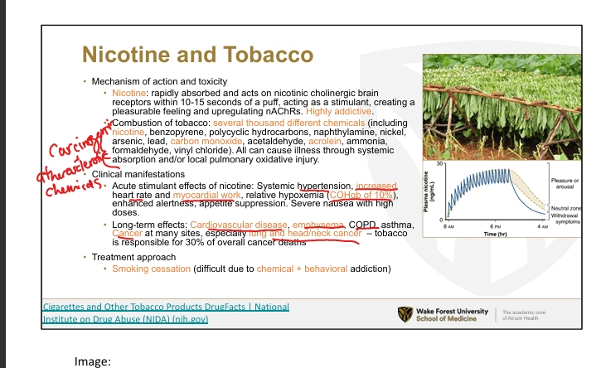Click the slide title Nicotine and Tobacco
coord(198,55)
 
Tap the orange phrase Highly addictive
coord(338,111)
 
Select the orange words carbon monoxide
coord(206,141)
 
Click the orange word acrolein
coord(325,141)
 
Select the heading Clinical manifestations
coord(138,174)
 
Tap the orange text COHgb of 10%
coord(361,195)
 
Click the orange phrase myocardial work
coord(206,195)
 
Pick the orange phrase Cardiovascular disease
coord(239,225)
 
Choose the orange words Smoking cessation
coord(151,269)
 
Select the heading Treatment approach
coord(133,257)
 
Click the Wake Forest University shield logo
coord(405,314)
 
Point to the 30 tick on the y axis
coord(439,163)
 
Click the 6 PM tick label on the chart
coord(495,226)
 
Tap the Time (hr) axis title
coord(495,234)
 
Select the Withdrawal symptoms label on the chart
coord(565,219)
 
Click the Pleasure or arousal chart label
coord(565,184)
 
